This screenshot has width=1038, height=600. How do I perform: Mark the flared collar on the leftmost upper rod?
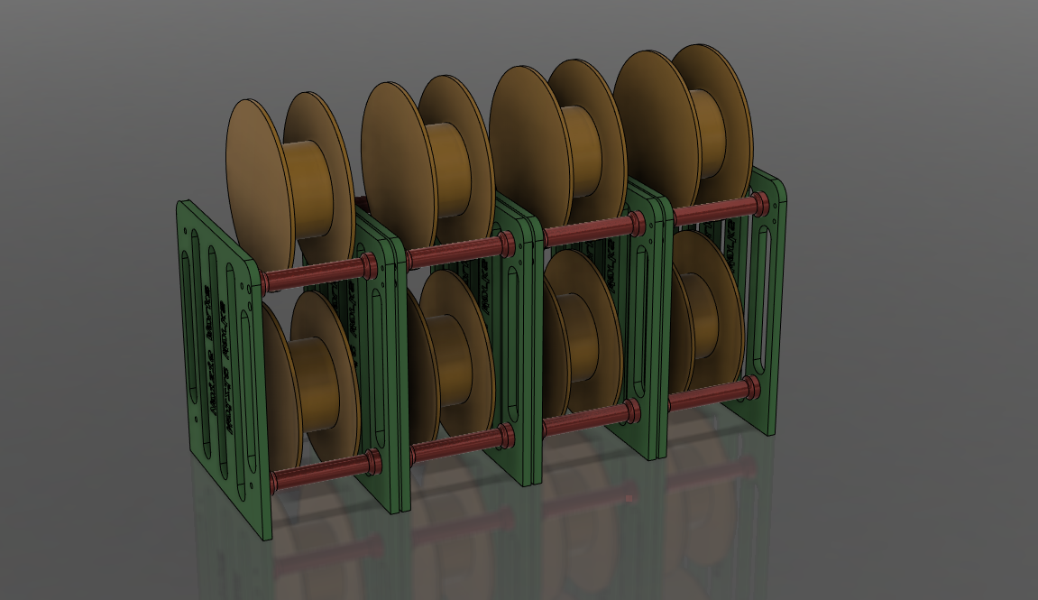pyautogui.click(x=369, y=265)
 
